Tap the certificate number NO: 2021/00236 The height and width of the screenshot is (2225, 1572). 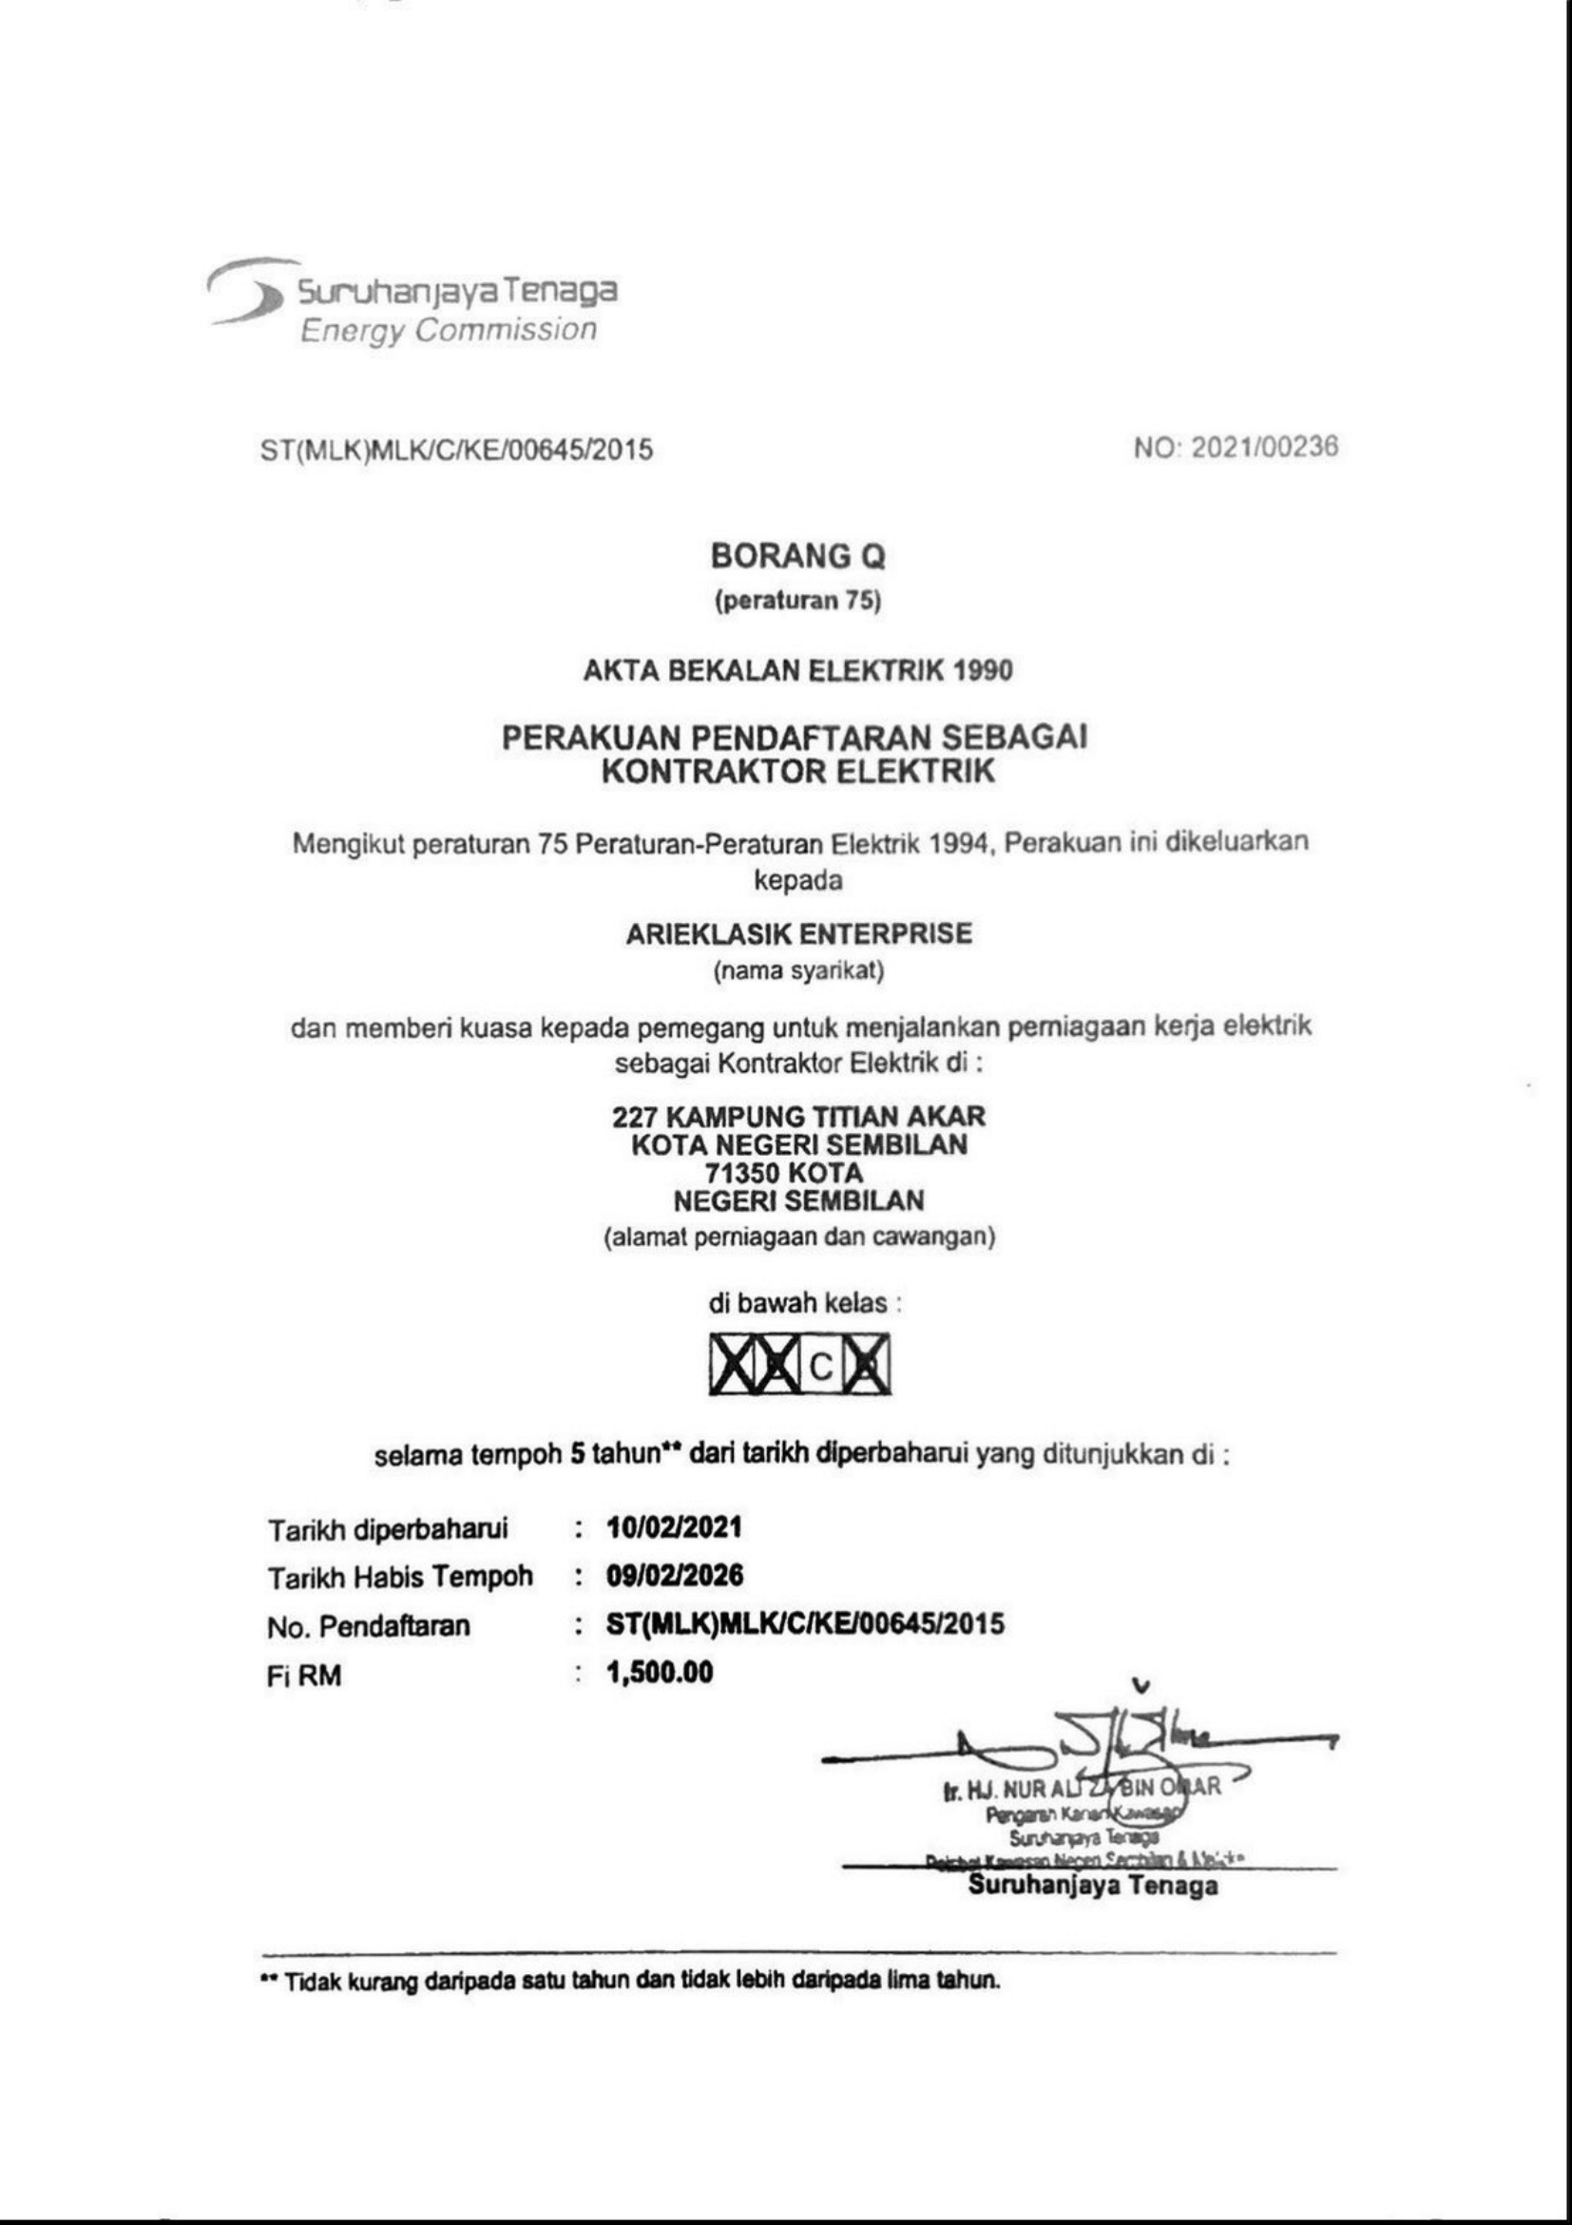pyautogui.click(x=1236, y=447)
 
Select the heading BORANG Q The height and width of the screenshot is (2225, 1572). pyautogui.click(x=797, y=557)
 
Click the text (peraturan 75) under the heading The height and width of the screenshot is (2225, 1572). pyautogui.click(x=797, y=602)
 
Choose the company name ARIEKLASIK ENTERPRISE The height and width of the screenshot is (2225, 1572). pyautogui.click(x=797, y=934)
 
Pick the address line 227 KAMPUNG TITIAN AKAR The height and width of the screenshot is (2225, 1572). pyautogui.click(x=797, y=1117)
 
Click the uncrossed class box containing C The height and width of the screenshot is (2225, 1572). pyautogui.click(x=821, y=1368)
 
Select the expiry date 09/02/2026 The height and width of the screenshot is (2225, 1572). pyautogui.click(x=676, y=1576)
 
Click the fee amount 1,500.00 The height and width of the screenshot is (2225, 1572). pyautogui.click(x=660, y=1672)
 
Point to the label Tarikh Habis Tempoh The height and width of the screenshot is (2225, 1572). pyautogui.click(x=400, y=1578)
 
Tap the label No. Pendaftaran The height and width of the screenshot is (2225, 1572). pyautogui.click(x=368, y=1625)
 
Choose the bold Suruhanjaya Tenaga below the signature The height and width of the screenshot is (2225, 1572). pyautogui.click(x=1093, y=1886)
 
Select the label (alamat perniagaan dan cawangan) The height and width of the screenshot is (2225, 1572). pyautogui.click(x=797, y=1237)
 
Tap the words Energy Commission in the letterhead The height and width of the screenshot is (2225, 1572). pyautogui.click(x=448, y=331)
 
